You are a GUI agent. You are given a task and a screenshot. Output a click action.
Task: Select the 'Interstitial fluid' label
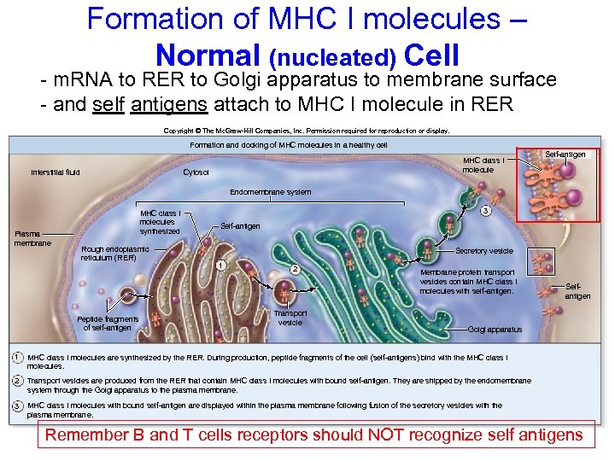pyautogui.click(x=56, y=172)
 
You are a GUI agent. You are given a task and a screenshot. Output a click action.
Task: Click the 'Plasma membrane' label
pyautogui.click(x=33, y=238)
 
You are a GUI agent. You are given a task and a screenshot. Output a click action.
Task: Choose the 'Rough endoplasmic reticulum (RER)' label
pyautogui.click(x=115, y=253)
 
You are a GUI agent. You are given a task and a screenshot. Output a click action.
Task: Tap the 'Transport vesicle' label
pyautogui.click(x=290, y=318)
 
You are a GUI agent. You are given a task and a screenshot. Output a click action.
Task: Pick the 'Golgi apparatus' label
pyautogui.click(x=495, y=329)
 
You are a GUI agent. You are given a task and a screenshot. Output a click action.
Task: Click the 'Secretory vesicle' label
pyautogui.click(x=484, y=251)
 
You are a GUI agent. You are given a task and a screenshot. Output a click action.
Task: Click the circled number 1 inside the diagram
pyautogui.click(x=221, y=265)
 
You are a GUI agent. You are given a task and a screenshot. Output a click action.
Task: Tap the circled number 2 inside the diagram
pyautogui.click(x=295, y=270)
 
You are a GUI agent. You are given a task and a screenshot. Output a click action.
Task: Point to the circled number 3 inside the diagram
pyautogui.click(x=485, y=211)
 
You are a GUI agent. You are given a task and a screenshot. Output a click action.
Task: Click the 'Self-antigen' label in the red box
pyautogui.click(x=565, y=154)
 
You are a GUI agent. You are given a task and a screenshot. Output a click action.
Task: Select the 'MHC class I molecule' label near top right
pyautogui.click(x=483, y=165)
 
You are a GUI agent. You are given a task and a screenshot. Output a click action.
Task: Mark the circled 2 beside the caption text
pyautogui.click(x=17, y=380)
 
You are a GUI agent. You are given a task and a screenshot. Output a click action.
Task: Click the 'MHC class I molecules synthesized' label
pyautogui.click(x=160, y=222)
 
